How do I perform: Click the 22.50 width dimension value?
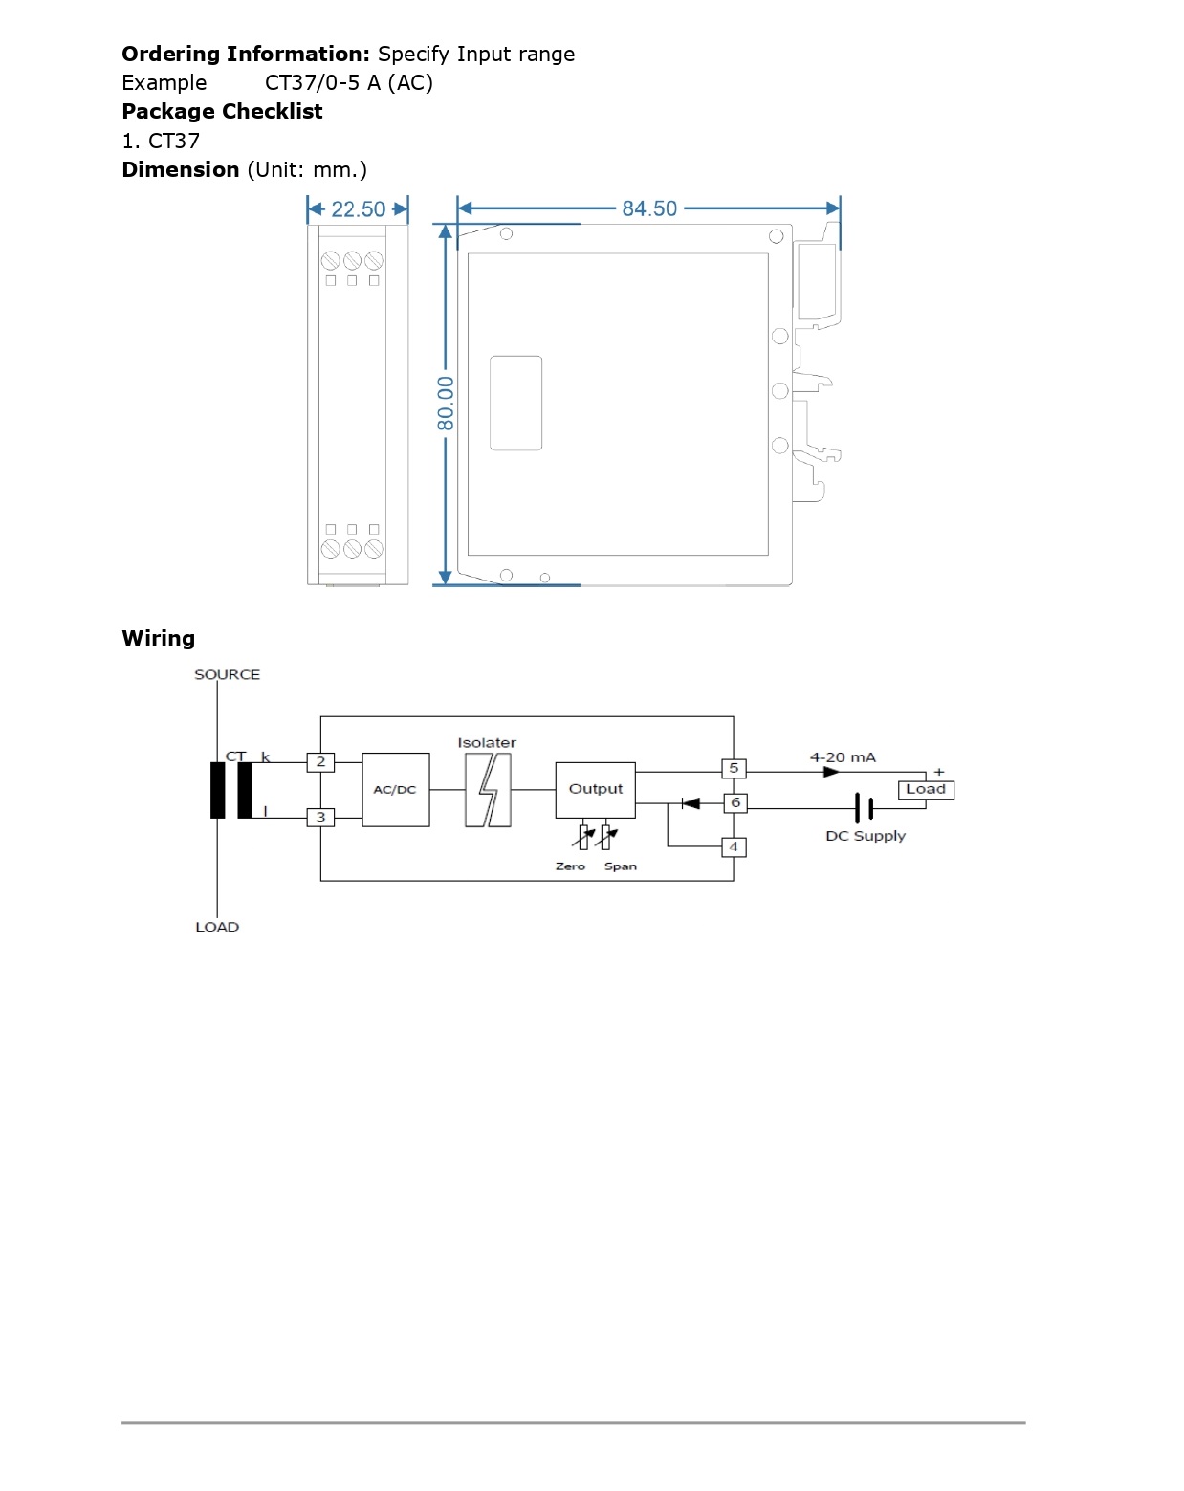(x=358, y=208)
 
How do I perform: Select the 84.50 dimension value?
(x=648, y=208)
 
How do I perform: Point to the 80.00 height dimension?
(x=445, y=404)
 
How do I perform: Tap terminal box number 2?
(x=320, y=761)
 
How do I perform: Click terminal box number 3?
(x=320, y=817)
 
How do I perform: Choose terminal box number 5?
(x=733, y=768)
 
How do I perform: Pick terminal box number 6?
(x=735, y=803)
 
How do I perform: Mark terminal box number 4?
(x=733, y=846)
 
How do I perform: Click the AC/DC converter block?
(x=395, y=789)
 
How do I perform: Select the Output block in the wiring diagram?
(x=595, y=790)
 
